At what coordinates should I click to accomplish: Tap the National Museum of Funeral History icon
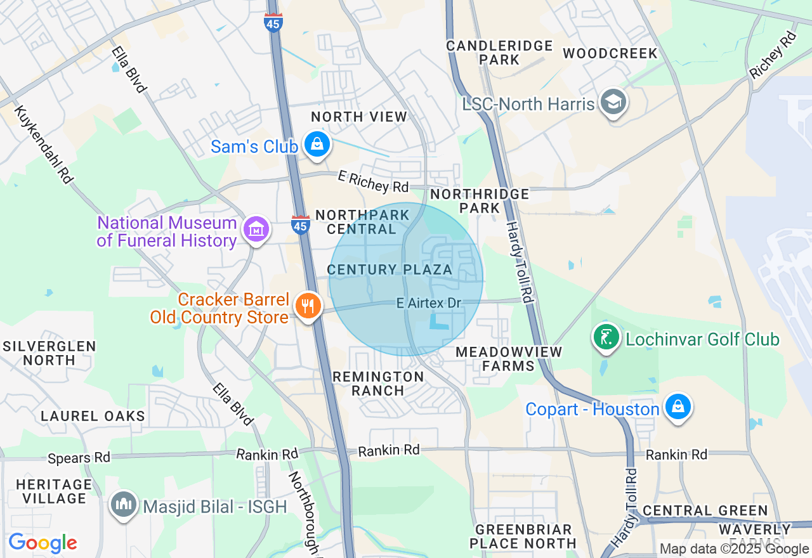pyautogui.click(x=256, y=229)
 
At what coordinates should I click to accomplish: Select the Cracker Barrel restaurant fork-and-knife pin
pyautogui.click(x=308, y=306)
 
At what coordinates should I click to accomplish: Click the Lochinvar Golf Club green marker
pyautogui.click(x=606, y=337)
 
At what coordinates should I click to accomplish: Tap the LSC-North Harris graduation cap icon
pyautogui.click(x=613, y=101)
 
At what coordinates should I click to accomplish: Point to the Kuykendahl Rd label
pyautogui.click(x=43, y=145)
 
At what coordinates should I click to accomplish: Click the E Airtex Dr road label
pyautogui.click(x=429, y=304)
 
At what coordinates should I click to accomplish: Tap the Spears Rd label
pyautogui.click(x=79, y=457)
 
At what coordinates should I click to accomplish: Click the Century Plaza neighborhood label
pyautogui.click(x=390, y=270)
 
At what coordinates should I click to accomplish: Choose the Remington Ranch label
pyautogui.click(x=379, y=384)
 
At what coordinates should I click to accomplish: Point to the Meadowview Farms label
pyautogui.click(x=509, y=359)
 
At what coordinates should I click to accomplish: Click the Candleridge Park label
pyautogui.click(x=499, y=53)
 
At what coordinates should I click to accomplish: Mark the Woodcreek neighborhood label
pyautogui.click(x=610, y=53)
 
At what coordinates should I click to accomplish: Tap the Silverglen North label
pyautogui.click(x=49, y=353)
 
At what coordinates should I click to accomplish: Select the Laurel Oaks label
pyautogui.click(x=93, y=417)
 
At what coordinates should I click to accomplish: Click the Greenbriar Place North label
pyautogui.click(x=523, y=536)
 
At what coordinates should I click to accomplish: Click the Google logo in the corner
pyautogui.click(x=43, y=543)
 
